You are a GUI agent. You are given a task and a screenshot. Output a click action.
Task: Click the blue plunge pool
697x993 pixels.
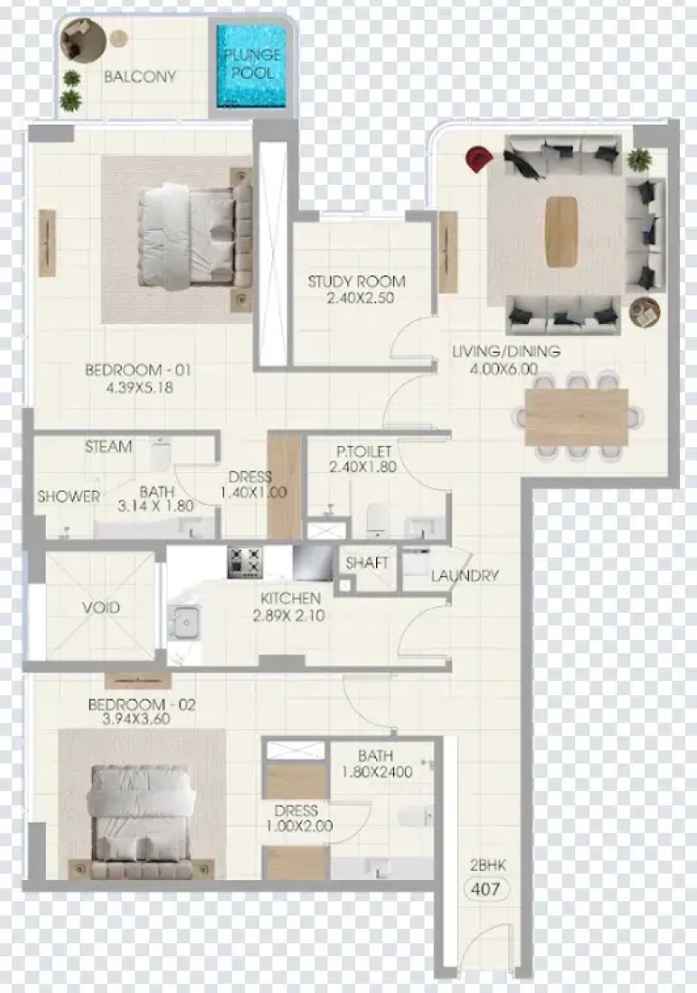[x=251, y=66]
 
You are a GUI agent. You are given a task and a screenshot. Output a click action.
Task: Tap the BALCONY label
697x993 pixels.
[x=140, y=77]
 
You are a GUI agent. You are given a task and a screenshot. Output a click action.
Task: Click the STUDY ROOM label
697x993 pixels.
[x=357, y=281]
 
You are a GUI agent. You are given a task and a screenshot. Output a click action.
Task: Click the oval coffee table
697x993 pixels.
[x=562, y=231]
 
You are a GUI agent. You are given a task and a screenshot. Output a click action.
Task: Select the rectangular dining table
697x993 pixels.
[x=576, y=417]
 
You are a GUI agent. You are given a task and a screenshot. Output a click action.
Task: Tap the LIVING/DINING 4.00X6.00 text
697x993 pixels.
[x=506, y=359]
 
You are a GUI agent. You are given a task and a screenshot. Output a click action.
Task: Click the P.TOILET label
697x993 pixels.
[x=363, y=451]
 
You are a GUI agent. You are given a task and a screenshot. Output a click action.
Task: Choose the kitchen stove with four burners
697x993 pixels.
[x=244, y=561]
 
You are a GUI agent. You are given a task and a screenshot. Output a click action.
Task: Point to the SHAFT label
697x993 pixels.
[x=367, y=562]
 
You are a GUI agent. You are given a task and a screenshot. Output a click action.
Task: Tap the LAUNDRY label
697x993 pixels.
[x=465, y=576]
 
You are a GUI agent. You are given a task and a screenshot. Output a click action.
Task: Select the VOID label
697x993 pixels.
[x=101, y=608]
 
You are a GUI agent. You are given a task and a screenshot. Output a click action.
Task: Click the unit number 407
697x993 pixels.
[x=486, y=889]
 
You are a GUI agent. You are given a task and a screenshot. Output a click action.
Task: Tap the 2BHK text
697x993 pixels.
[x=488, y=865]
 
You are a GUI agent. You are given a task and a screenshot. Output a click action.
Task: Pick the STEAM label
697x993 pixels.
[x=109, y=447]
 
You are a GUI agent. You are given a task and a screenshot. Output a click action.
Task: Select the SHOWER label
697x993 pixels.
[x=69, y=496]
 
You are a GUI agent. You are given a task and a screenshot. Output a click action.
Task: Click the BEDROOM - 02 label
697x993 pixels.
[x=142, y=704]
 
